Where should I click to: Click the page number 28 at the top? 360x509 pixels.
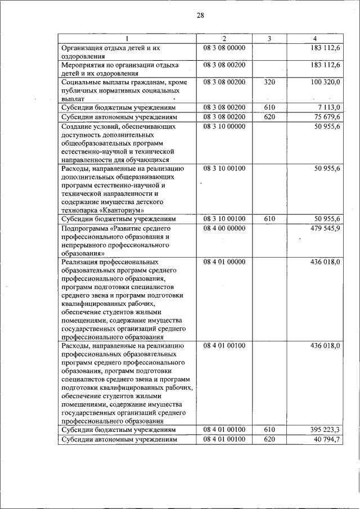(x=200, y=15)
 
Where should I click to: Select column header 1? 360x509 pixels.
(x=127, y=38)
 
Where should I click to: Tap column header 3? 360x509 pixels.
(x=269, y=38)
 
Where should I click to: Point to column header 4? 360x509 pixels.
(x=314, y=38)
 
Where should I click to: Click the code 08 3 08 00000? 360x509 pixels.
(x=224, y=48)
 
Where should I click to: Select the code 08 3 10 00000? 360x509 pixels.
(x=224, y=127)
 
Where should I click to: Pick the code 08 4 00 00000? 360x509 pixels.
(x=224, y=228)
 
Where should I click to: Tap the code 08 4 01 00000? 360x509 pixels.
(x=224, y=262)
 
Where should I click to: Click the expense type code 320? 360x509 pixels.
(x=269, y=82)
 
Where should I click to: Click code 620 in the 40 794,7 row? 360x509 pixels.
(x=269, y=439)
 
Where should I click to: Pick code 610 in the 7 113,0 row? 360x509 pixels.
(x=269, y=107)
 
